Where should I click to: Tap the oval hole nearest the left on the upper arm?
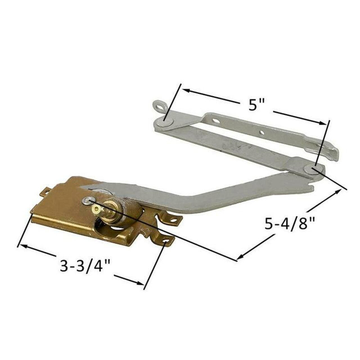(216, 121)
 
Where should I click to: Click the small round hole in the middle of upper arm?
(262, 132)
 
